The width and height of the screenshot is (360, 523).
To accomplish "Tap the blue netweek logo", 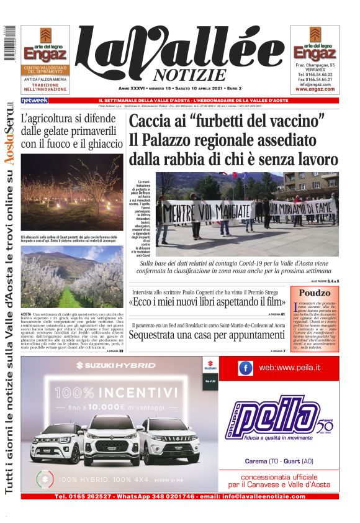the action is [x=34, y=100].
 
